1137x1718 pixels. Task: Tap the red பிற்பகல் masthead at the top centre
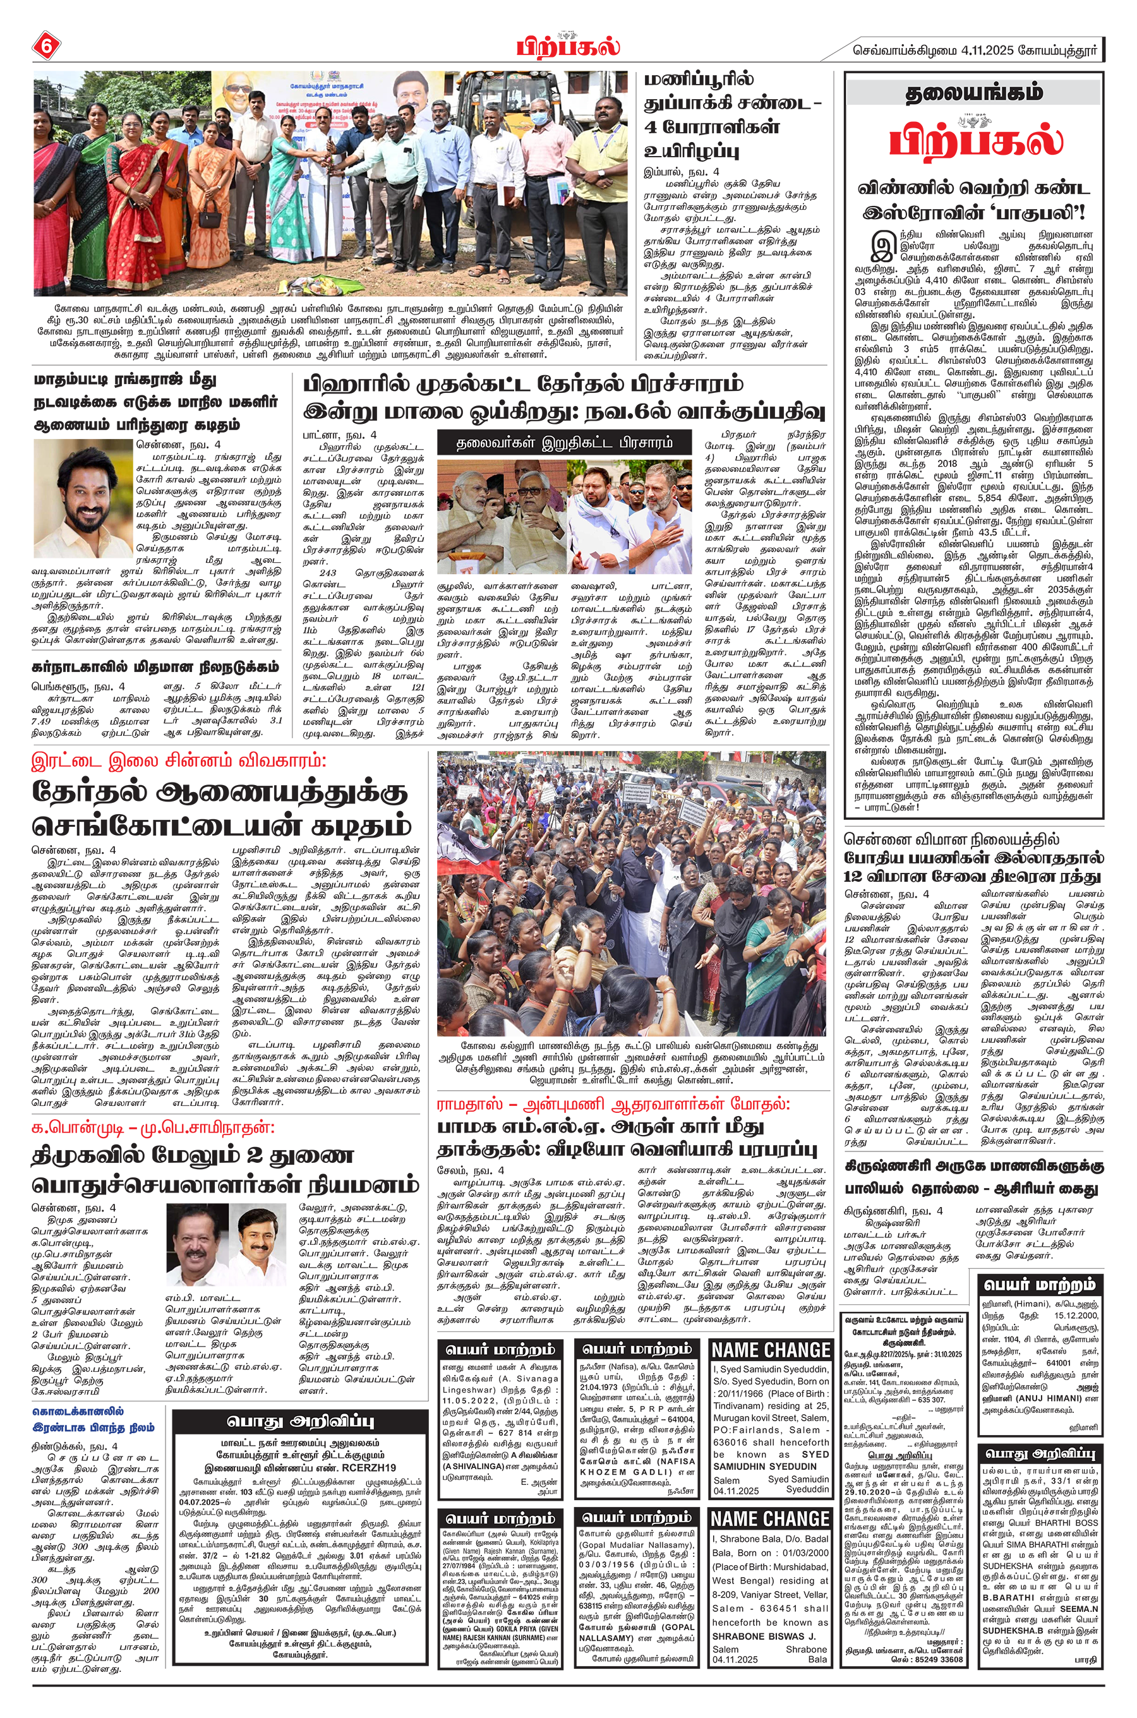coord(568,47)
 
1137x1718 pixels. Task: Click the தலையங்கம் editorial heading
coord(974,93)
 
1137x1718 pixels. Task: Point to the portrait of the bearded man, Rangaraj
coord(82,497)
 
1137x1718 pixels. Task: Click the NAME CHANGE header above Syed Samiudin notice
coord(770,1350)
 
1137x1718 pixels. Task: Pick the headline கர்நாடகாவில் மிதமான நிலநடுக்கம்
coord(155,666)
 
